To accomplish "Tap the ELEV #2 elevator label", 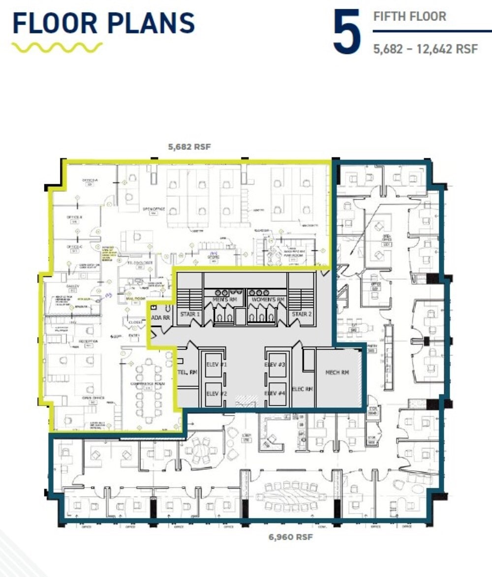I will [x=216, y=393].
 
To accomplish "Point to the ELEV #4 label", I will [x=275, y=393].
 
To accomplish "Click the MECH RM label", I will [x=338, y=373].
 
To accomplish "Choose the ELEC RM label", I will [x=303, y=389].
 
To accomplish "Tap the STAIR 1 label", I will [x=190, y=314].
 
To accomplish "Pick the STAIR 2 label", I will [x=301, y=314].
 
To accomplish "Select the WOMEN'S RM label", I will [x=268, y=299].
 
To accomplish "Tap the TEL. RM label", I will [x=187, y=373].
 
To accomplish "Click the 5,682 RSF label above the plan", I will [x=189, y=147].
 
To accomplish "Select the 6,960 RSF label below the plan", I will [x=291, y=537].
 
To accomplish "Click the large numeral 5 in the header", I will [x=347, y=32].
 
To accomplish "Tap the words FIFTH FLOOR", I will [x=410, y=16].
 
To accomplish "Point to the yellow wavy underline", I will [x=57, y=48].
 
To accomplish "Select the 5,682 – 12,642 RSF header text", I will [x=425, y=49].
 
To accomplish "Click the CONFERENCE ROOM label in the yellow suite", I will [x=147, y=384].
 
